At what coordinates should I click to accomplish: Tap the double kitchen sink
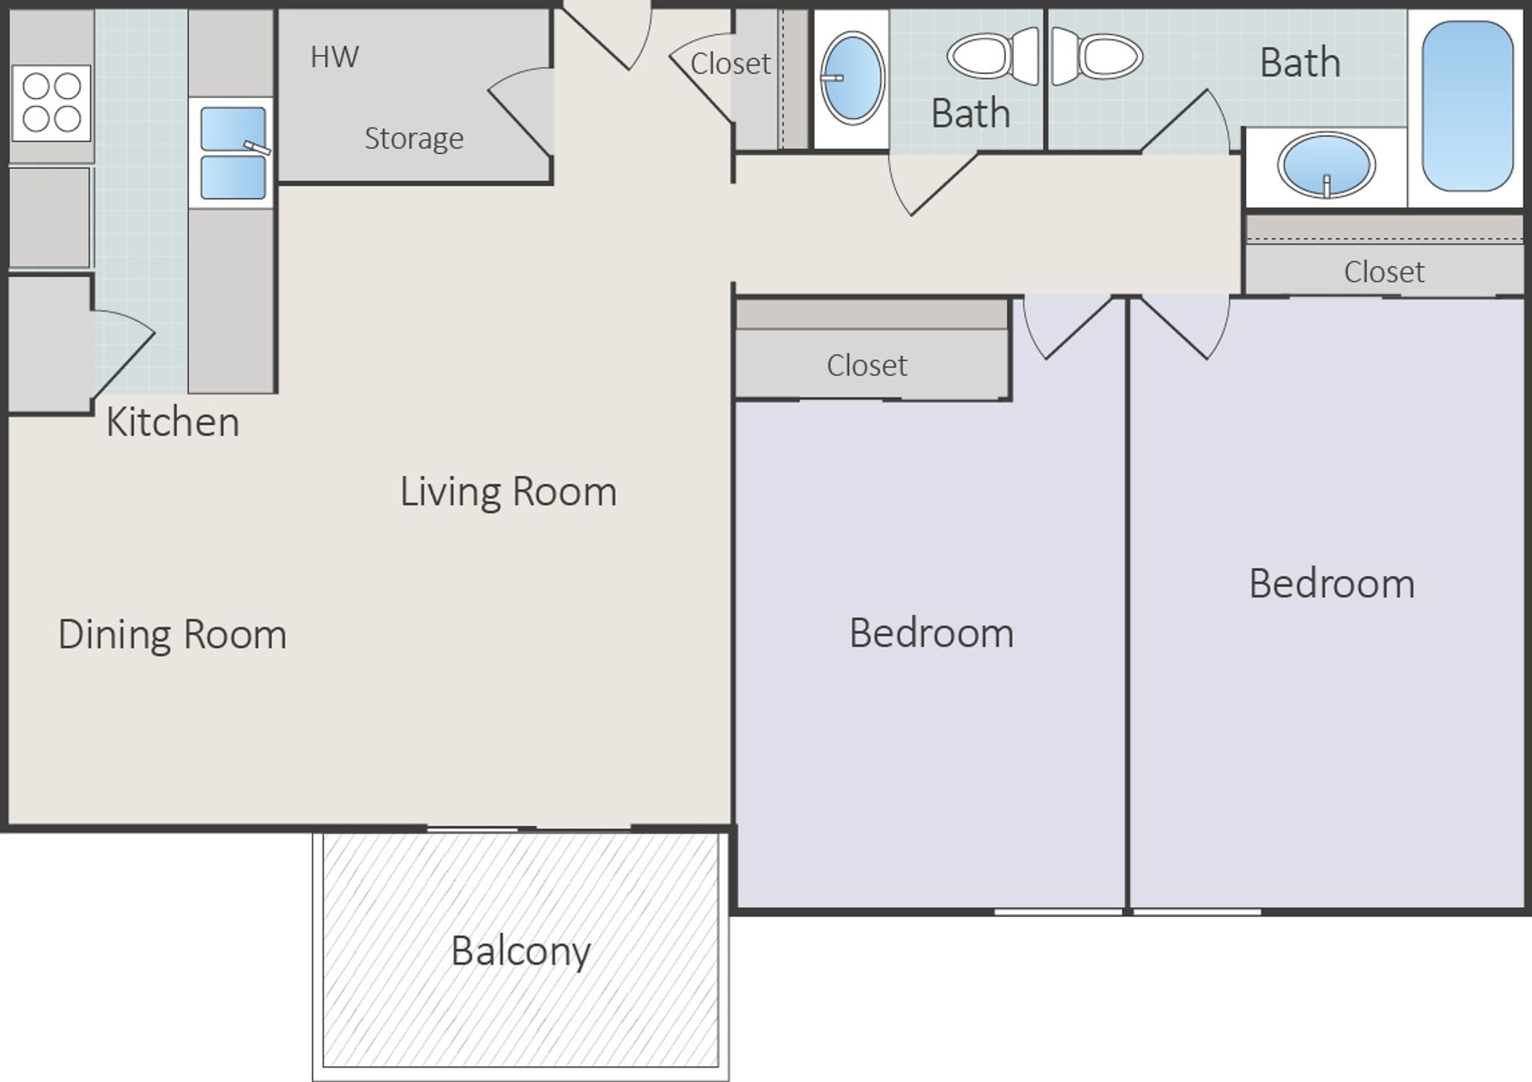pyautogui.click(x=232, y=153)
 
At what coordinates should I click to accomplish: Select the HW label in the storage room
pyautogui.click(x=334, y=57)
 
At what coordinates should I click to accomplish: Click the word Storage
pyautogui.click(x=413, y=139)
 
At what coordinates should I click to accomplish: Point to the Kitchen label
pyautogui.click(x=172, y=422)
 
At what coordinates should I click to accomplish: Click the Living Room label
pyautogui.click(x=508, y=491)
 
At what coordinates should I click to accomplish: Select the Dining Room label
pyautogui.click(x=172, y=635)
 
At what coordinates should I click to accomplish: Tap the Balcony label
pyautogui.click(x=520, y=950)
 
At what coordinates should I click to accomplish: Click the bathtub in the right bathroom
pyautogui.click(x=1467, y=106)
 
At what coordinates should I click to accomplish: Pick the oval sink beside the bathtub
pyautogui.click(x=1326, y=165)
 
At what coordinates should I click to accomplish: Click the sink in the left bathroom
pyautogui.click(x=852, y=77)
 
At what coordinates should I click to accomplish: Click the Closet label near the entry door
pyautogui.click(x=730, y=64)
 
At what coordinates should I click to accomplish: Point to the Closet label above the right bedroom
pyautogui.click(x=1384, y=272)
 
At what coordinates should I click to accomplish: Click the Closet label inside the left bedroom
pyautogui.click(x=867, y=365)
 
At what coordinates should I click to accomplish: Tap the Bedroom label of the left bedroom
pyautogui.click(x=931, y=633)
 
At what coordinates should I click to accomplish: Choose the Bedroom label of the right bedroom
pyautogui.click(x=1332, y=584)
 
